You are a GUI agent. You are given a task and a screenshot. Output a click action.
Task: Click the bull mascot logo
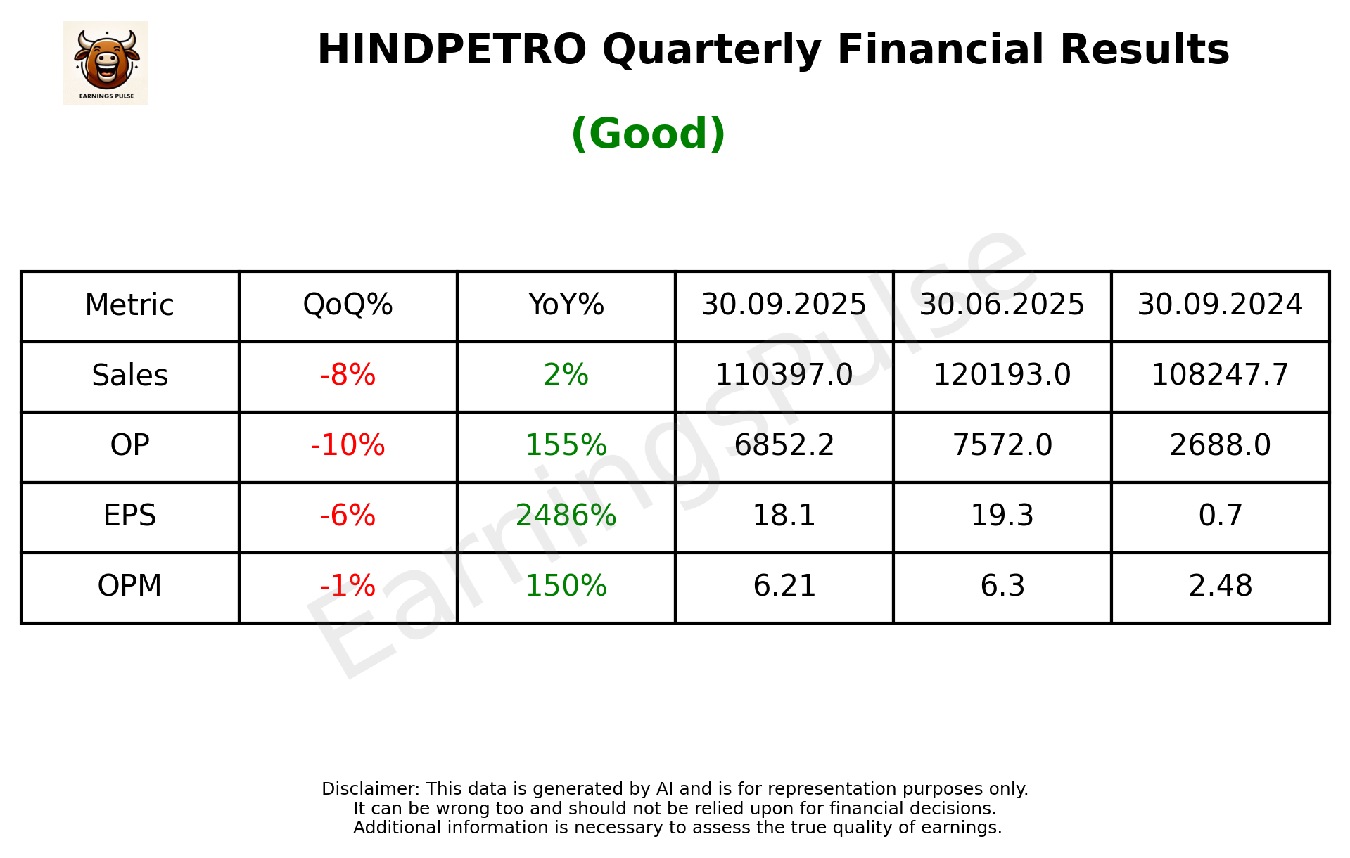coord(106,63)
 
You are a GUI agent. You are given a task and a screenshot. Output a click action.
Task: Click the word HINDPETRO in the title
coord(452,50)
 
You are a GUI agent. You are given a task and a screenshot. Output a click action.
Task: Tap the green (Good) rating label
coord(648,134)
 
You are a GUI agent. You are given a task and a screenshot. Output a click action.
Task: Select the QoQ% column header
coord(348,305)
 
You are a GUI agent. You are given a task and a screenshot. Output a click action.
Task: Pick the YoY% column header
coord(566,305)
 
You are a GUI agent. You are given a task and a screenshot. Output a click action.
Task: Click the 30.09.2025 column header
coord(784,305)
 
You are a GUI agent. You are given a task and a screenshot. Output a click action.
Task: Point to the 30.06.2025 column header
coord(1002,305)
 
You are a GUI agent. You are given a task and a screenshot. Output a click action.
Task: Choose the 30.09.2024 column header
coord(1220,305)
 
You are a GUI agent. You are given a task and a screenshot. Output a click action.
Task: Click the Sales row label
coord(130,376)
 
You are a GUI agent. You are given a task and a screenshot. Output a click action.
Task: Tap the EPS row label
coord(130,516)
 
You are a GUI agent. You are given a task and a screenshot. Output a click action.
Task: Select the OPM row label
coord(130,586)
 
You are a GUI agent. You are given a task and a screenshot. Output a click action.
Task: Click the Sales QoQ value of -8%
coord(348,376)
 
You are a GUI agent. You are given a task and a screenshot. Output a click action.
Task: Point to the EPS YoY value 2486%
coord(566,516)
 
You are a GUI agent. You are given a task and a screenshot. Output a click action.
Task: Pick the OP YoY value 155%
coord(566,445)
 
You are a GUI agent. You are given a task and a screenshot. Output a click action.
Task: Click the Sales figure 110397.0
coord(784,376)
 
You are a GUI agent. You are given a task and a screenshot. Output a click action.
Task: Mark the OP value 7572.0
coord(1002,445)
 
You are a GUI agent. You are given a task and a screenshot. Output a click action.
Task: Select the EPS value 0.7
coord(1220,516)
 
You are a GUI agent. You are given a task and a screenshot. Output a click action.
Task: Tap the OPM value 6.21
coord(784,586)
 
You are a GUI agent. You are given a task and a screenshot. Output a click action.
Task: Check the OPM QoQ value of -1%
coord(348,586)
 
